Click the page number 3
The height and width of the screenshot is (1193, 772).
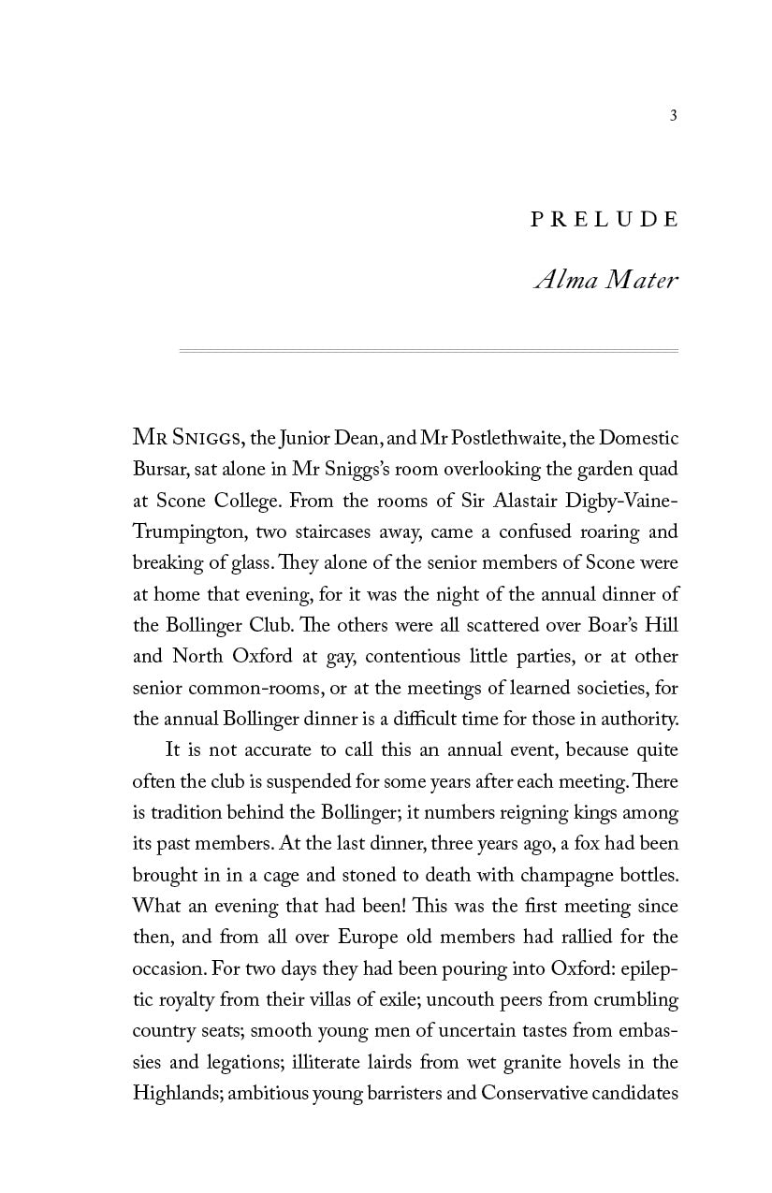pos(674,116)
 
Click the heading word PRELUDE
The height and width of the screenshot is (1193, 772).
pos(604,220)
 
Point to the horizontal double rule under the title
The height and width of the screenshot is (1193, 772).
pos(429,351)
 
